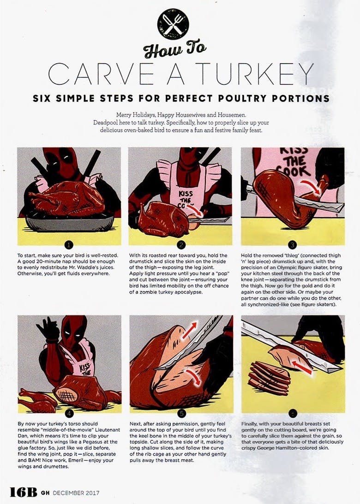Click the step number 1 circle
pyautogui.click(x=69, y=245)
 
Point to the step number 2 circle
pyautogui.click(x=180, y=245)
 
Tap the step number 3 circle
pyautogui.click(x=293, y=245)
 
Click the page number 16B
pyautogui.click(x=23, y=492)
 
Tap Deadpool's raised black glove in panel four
pyautogui.click(x=47, y=329)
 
